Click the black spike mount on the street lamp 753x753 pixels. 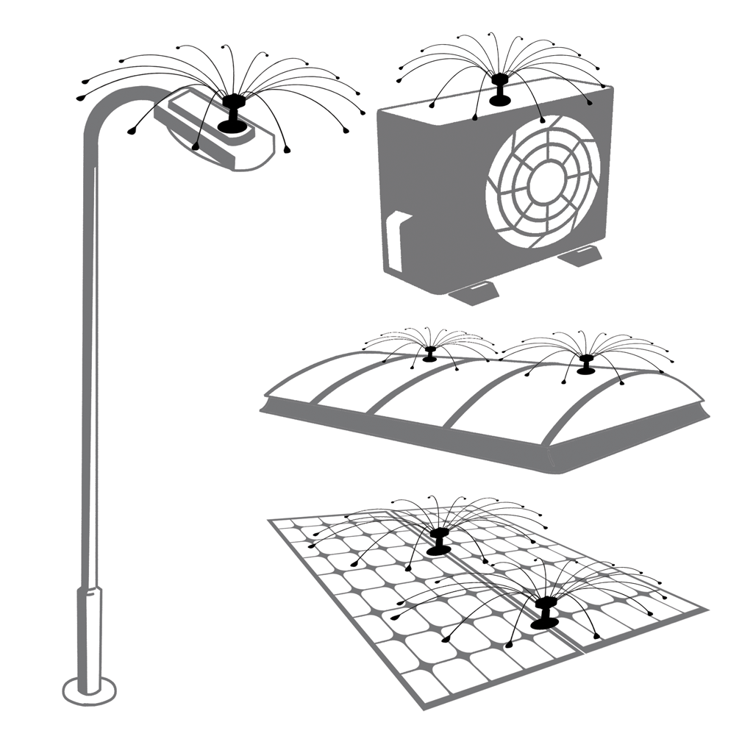coord(233,114)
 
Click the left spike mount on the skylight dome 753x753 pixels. coord(429,354)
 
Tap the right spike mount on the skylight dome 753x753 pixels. coord(586,363)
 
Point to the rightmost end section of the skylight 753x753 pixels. coord(647,412)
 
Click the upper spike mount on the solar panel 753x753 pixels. coord(439,541)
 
